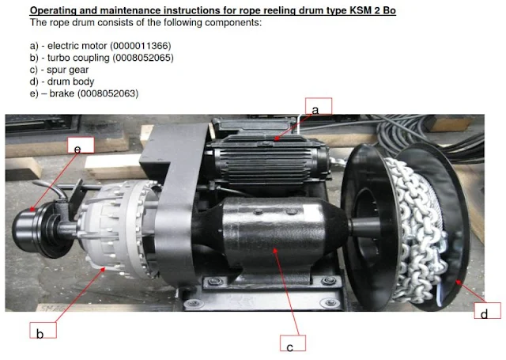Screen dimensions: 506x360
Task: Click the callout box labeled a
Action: pyautogui.click(x=319, y=106)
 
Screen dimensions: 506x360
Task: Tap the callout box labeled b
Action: pyautogui.click(x=43, y=330)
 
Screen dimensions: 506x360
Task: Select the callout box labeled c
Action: pyautogui.click(x=293, y=343)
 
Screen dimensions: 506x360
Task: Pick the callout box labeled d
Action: pyautogui.click(x=487, y=311)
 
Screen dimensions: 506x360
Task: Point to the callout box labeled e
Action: pyautogui.click(x=81, y=145)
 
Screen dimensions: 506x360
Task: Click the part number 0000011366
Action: pyautogui.click(x=141, y=46)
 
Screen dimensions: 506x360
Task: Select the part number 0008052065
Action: pyautogui.click(x=143, y=58)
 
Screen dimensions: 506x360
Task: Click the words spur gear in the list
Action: pyautogui.click(x=67, y=70)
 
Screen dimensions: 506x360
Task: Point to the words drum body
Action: pyautogui.click(x=70, y=81)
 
